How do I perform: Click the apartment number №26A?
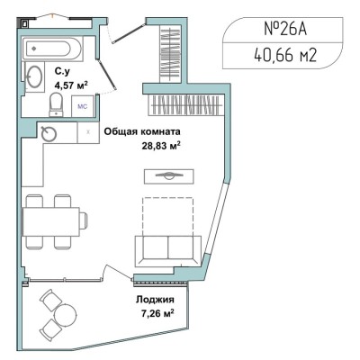(285, 30)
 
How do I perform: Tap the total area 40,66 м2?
(285, 55)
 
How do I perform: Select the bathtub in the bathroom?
(53, 49)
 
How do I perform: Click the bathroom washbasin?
(34, 76)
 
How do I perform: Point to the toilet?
(56, 104)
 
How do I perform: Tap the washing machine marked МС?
(83, 106)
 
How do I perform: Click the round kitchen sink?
(49, 133)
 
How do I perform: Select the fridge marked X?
(88, 132)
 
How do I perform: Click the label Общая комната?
(142, 131)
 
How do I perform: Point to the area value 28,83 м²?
(161, 146)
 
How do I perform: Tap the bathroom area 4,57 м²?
(71, 85)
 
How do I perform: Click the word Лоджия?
(155, 300)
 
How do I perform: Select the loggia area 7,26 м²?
(157, 314)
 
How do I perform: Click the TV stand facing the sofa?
(169, 176)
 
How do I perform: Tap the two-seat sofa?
(168, 251)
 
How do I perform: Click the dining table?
(51, 221)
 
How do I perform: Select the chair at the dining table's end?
(84, 221)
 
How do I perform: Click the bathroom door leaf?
(107, 74)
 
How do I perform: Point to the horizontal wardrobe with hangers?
(186, 105)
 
